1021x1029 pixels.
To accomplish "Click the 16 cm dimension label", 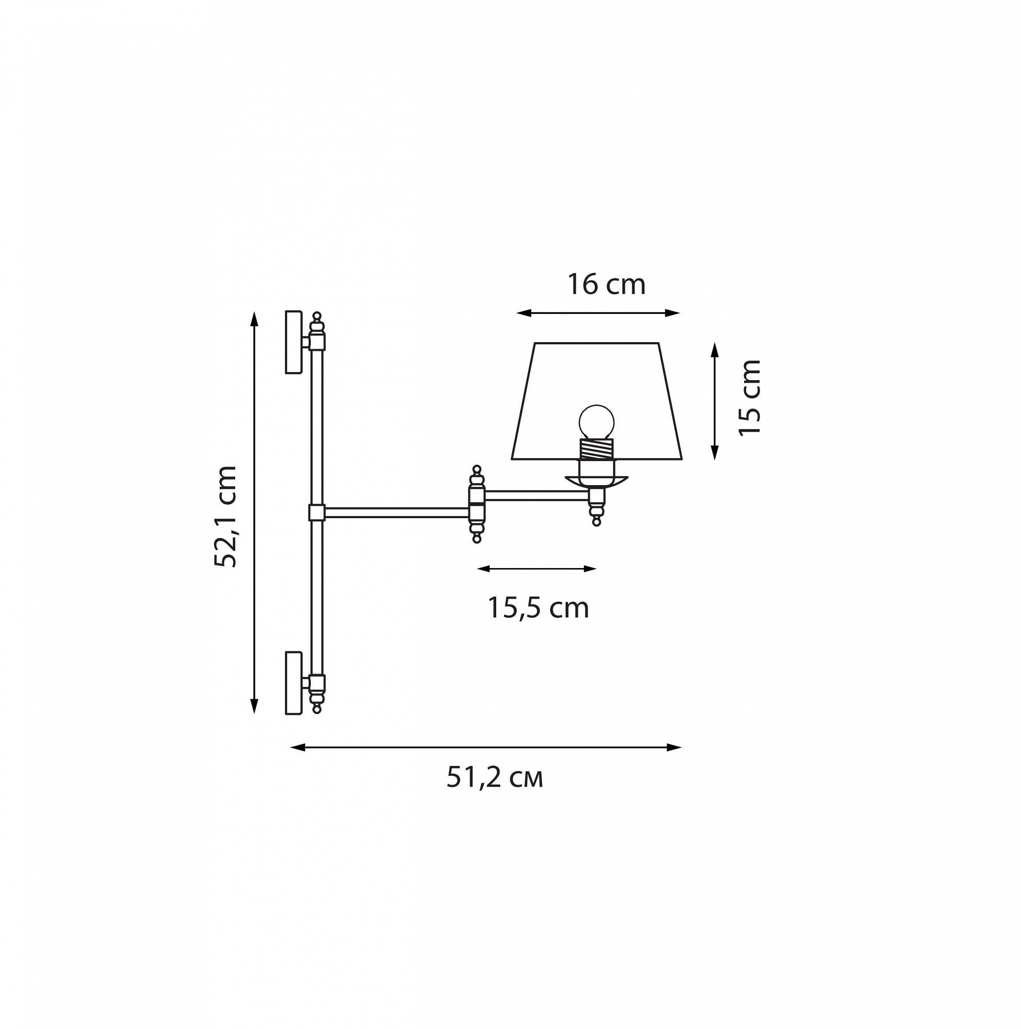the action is pos(606,285).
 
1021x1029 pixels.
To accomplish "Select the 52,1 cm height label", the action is pos(225,516).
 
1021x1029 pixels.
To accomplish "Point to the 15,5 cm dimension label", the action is pos(538,608).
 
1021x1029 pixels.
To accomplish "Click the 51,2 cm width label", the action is pos(495,777).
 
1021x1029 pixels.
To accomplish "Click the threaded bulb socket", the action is pos(596,449).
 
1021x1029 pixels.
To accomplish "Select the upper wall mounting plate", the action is pos(294,342).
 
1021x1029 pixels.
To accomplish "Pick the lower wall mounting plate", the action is pos(294,683).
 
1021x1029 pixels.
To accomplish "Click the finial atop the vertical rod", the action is pos(317,322).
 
